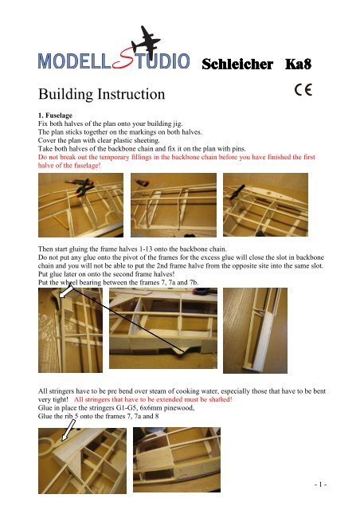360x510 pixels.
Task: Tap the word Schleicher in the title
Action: coord(237,65)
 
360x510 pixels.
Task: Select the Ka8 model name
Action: coord(298,64)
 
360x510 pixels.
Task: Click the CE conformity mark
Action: coord(303,90)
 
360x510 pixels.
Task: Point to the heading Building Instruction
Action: coord(101,94)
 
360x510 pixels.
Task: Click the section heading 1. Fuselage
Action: coord(55,116)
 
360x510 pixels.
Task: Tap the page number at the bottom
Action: coord(320,484)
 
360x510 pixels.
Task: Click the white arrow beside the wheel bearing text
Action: coord(66,291)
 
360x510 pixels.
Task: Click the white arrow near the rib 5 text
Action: coord(68,430)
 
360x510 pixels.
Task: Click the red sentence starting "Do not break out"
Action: coord(177,161)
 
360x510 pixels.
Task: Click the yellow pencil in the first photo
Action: coord(61,222)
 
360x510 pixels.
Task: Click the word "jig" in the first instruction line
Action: coord(178,124)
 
